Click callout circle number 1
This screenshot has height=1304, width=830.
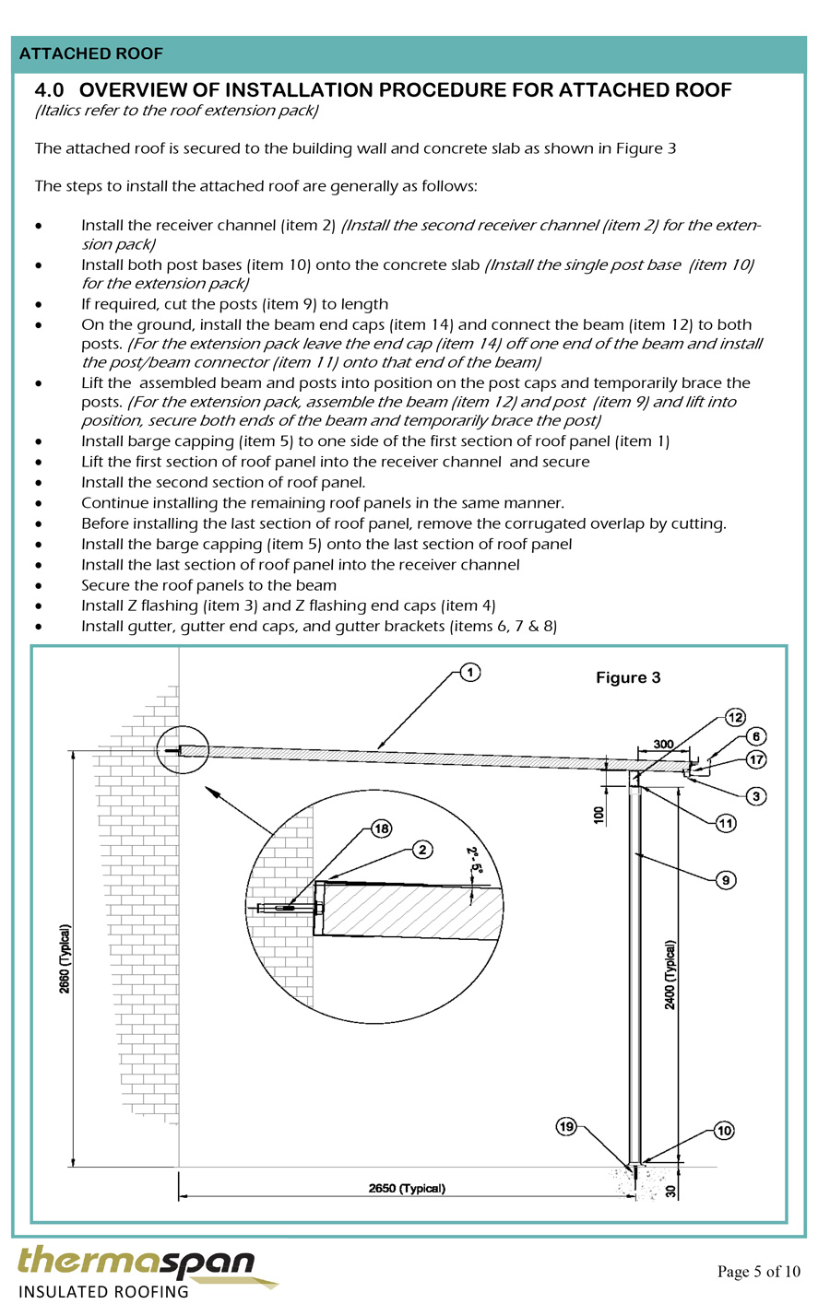click(x=470, y=673)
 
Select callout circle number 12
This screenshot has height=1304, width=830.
click(x=735, y=717)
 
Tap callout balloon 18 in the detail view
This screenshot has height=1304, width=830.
click(x=382, y=828)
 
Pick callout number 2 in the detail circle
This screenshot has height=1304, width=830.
click(x=422, y=850)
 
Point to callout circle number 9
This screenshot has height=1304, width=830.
click(x=726, y=880)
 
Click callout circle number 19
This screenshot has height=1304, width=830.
click(x=566, y=1127)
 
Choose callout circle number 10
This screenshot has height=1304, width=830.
click(x=724, y=1131)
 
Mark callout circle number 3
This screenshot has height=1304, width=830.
click(x=756, y=796)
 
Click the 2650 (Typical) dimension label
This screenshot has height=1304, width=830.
click(x=407, y=1189)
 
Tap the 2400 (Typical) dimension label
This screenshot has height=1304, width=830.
click(x=670, y=974)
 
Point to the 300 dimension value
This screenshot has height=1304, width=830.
click(x=663, y=744)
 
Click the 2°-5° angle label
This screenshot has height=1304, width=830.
click(x=474, y=861)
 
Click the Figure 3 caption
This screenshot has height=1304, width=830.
click(x=628, y=677)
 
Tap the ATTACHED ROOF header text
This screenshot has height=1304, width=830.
click(x=91, y=53)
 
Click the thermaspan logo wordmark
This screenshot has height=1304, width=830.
click(x=136, y=1261)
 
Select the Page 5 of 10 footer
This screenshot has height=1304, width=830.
click(x=759, y=1272)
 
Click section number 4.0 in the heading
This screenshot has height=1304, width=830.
click(x=49, y=90)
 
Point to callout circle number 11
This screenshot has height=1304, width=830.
click(x=726, y=823)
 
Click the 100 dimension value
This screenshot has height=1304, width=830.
click(x=599, y=815)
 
